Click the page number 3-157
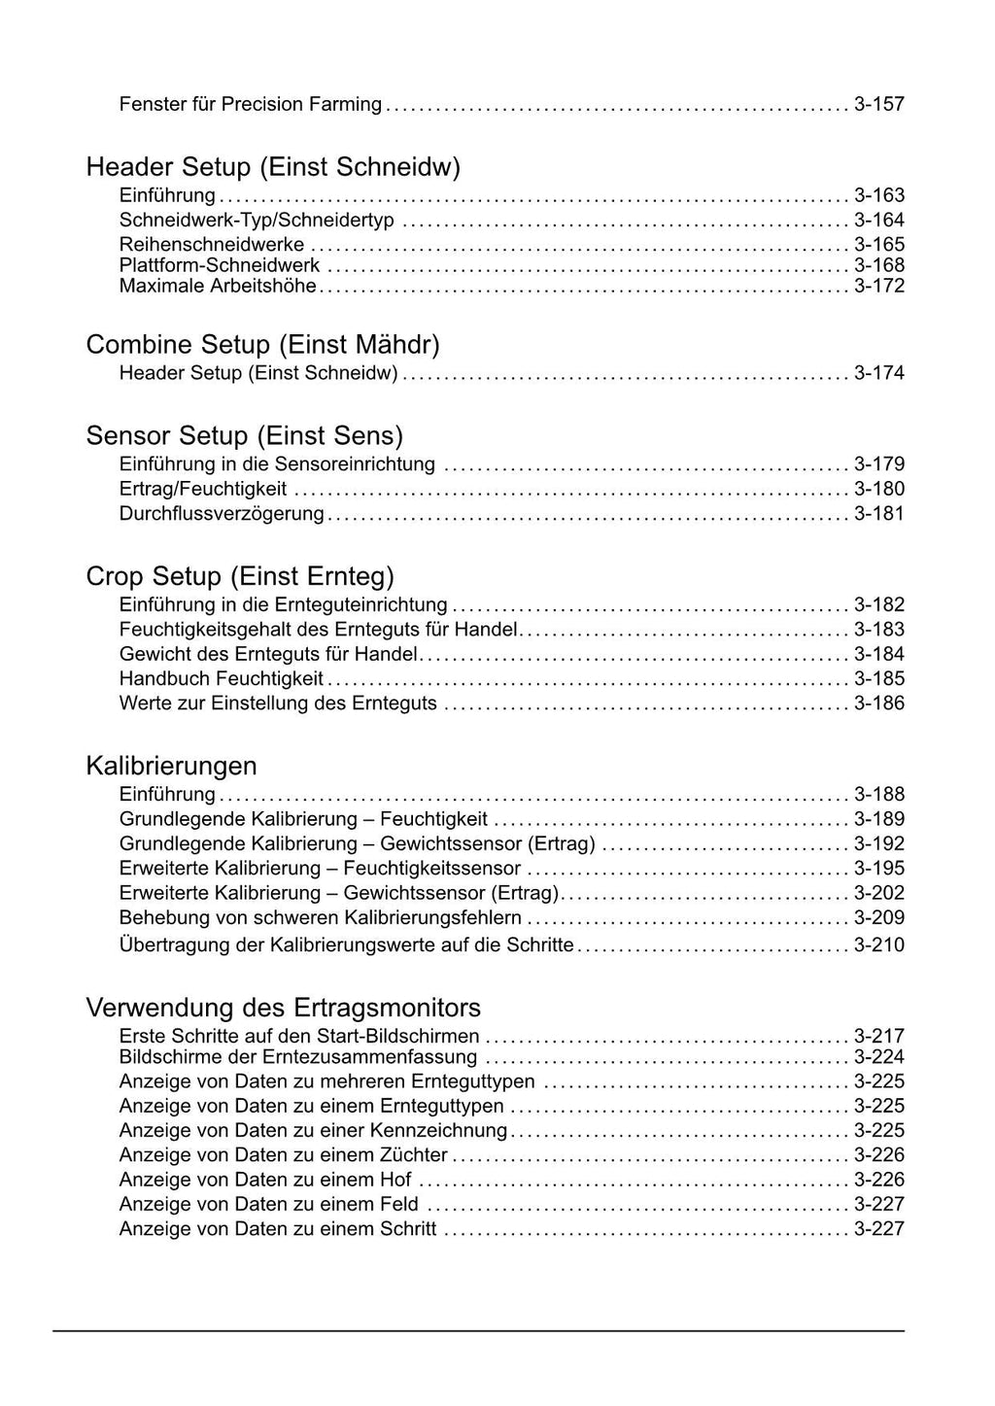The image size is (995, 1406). (878, 104)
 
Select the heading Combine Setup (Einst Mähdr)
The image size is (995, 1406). (262, 345)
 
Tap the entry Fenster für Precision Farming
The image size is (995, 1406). (250, 104)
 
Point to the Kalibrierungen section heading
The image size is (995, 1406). (171, 766)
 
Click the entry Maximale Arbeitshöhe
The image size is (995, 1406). (218, 286)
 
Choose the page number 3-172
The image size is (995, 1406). (878, 286)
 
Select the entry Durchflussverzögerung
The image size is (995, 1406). (222, 513)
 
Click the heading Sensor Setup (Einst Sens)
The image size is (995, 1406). (244, 435)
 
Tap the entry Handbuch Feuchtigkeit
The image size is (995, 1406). (222, 678)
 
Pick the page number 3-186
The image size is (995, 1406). (878, 703)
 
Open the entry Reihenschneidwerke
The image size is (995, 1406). (212, 244)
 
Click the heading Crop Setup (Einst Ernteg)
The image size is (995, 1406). (240, 576)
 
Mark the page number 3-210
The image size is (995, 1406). (878, 944)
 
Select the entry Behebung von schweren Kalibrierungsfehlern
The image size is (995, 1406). (320, 917)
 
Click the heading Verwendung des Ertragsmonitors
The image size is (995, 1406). (283, 1007)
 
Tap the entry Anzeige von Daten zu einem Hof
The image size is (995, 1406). (265, 1180)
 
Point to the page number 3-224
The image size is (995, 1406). (878, 1056)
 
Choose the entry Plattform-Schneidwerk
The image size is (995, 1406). (220, 265)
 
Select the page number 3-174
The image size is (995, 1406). (878, 373)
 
